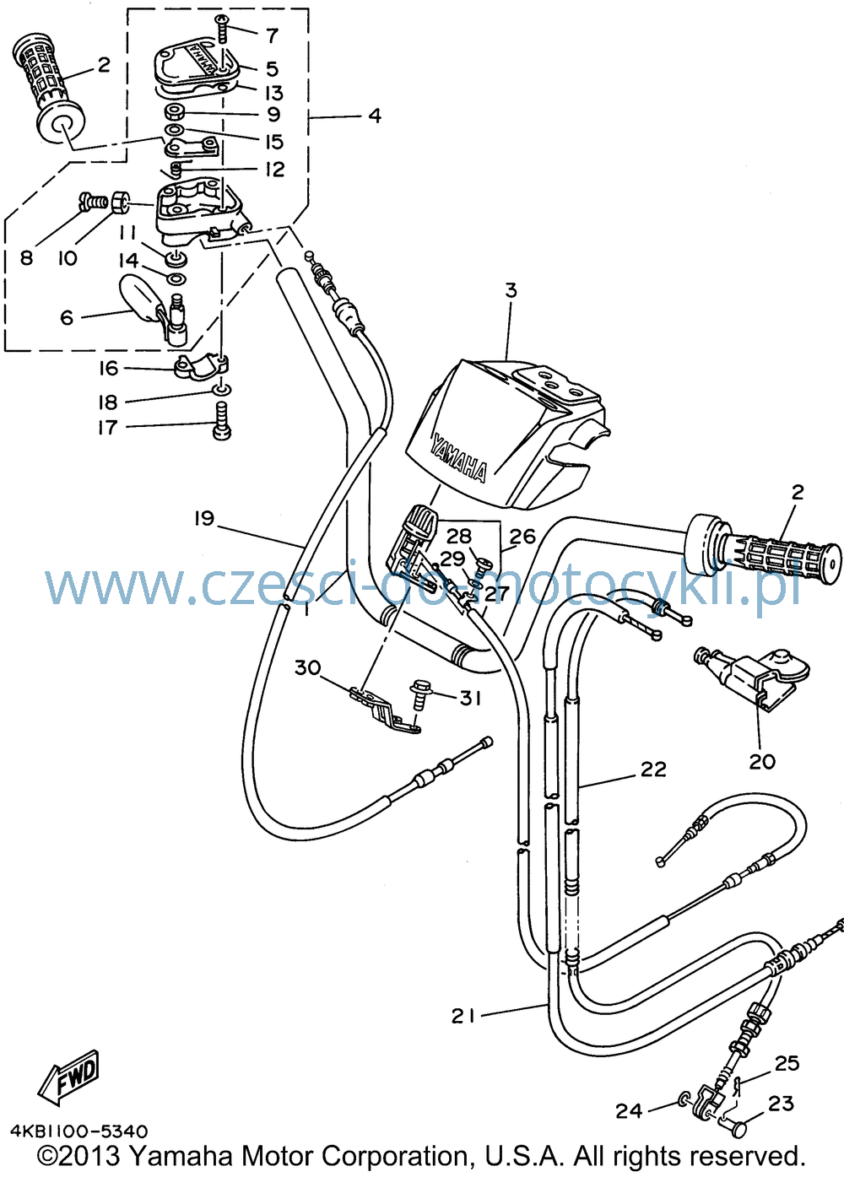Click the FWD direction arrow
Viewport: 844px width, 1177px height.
click(x=66, y=1077)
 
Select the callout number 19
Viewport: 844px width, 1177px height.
click(x=204, y=519)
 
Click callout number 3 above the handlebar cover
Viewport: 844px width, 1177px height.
click(x=511, y=290)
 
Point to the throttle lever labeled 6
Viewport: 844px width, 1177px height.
click(x=155, y=310)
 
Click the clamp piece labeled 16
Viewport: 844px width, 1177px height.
click(x=203, y=367)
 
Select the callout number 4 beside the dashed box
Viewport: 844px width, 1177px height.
click(x=375, y=116)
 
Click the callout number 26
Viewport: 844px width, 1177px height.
click(x=522, y=537)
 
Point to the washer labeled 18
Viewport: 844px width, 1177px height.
click(x=222, y=389)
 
